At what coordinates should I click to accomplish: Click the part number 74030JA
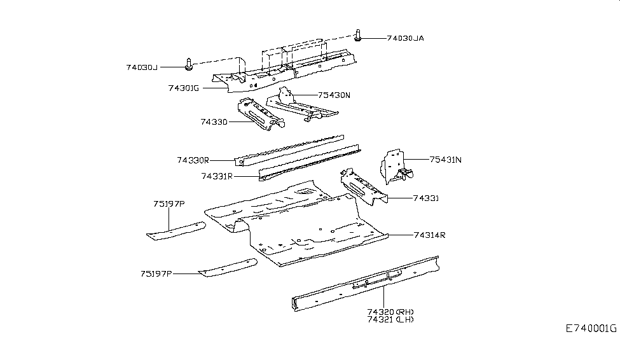click(x=405, y=38)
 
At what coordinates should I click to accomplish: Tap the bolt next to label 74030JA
click(x=359, y=36)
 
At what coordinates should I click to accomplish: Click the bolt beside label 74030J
click(x=189, y=64)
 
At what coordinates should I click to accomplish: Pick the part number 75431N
click(x=445, y=160)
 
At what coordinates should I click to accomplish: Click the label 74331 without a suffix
click(x=426, y=198)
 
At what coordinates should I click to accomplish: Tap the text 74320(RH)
click(x=390, y=311)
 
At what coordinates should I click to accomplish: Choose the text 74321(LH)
click(x=390, y=319)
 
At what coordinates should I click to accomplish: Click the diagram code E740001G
click(x=592, y=328)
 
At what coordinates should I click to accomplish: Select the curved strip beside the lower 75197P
click(x=229, y=267)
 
